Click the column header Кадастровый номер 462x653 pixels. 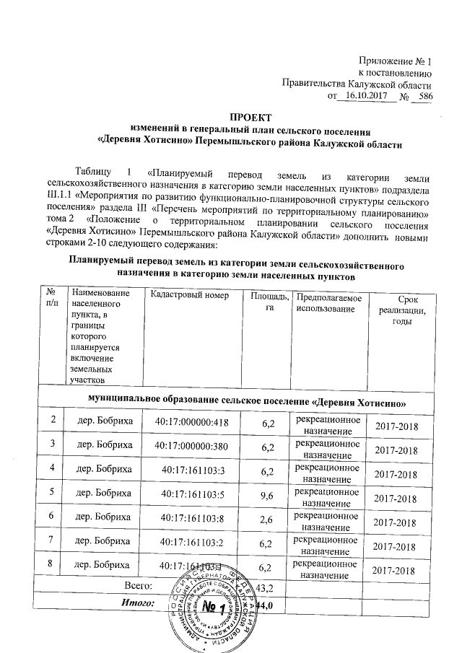pos(188,297)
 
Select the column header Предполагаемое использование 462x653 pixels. pos(327,302)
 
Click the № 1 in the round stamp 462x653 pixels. pos(218,603)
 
